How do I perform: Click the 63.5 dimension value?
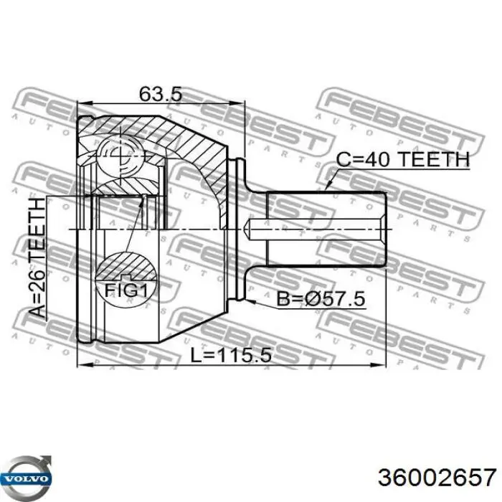click(x=161, y=94)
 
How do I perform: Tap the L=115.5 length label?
click(x=231, y=356)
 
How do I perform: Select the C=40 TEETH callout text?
click(x=403, y=159)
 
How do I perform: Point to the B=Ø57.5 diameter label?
click(x=321, y=299)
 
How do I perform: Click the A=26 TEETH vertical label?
click(x=37, y=258)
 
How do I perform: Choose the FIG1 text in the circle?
click(x=126, y=290)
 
